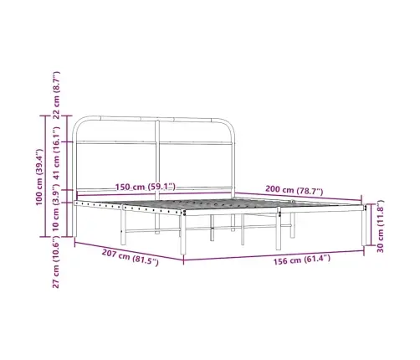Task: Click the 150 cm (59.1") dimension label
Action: [146, 187]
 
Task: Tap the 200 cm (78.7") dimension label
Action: [294, 190]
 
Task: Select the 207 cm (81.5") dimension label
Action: [130, 257]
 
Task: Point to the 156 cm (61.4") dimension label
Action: [302, 260]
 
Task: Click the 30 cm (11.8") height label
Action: [381, 226]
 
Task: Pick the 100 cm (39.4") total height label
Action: [39, 177]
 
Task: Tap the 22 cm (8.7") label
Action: [56, 95]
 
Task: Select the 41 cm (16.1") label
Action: [56, 153]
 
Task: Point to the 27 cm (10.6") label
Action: [56, 262]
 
